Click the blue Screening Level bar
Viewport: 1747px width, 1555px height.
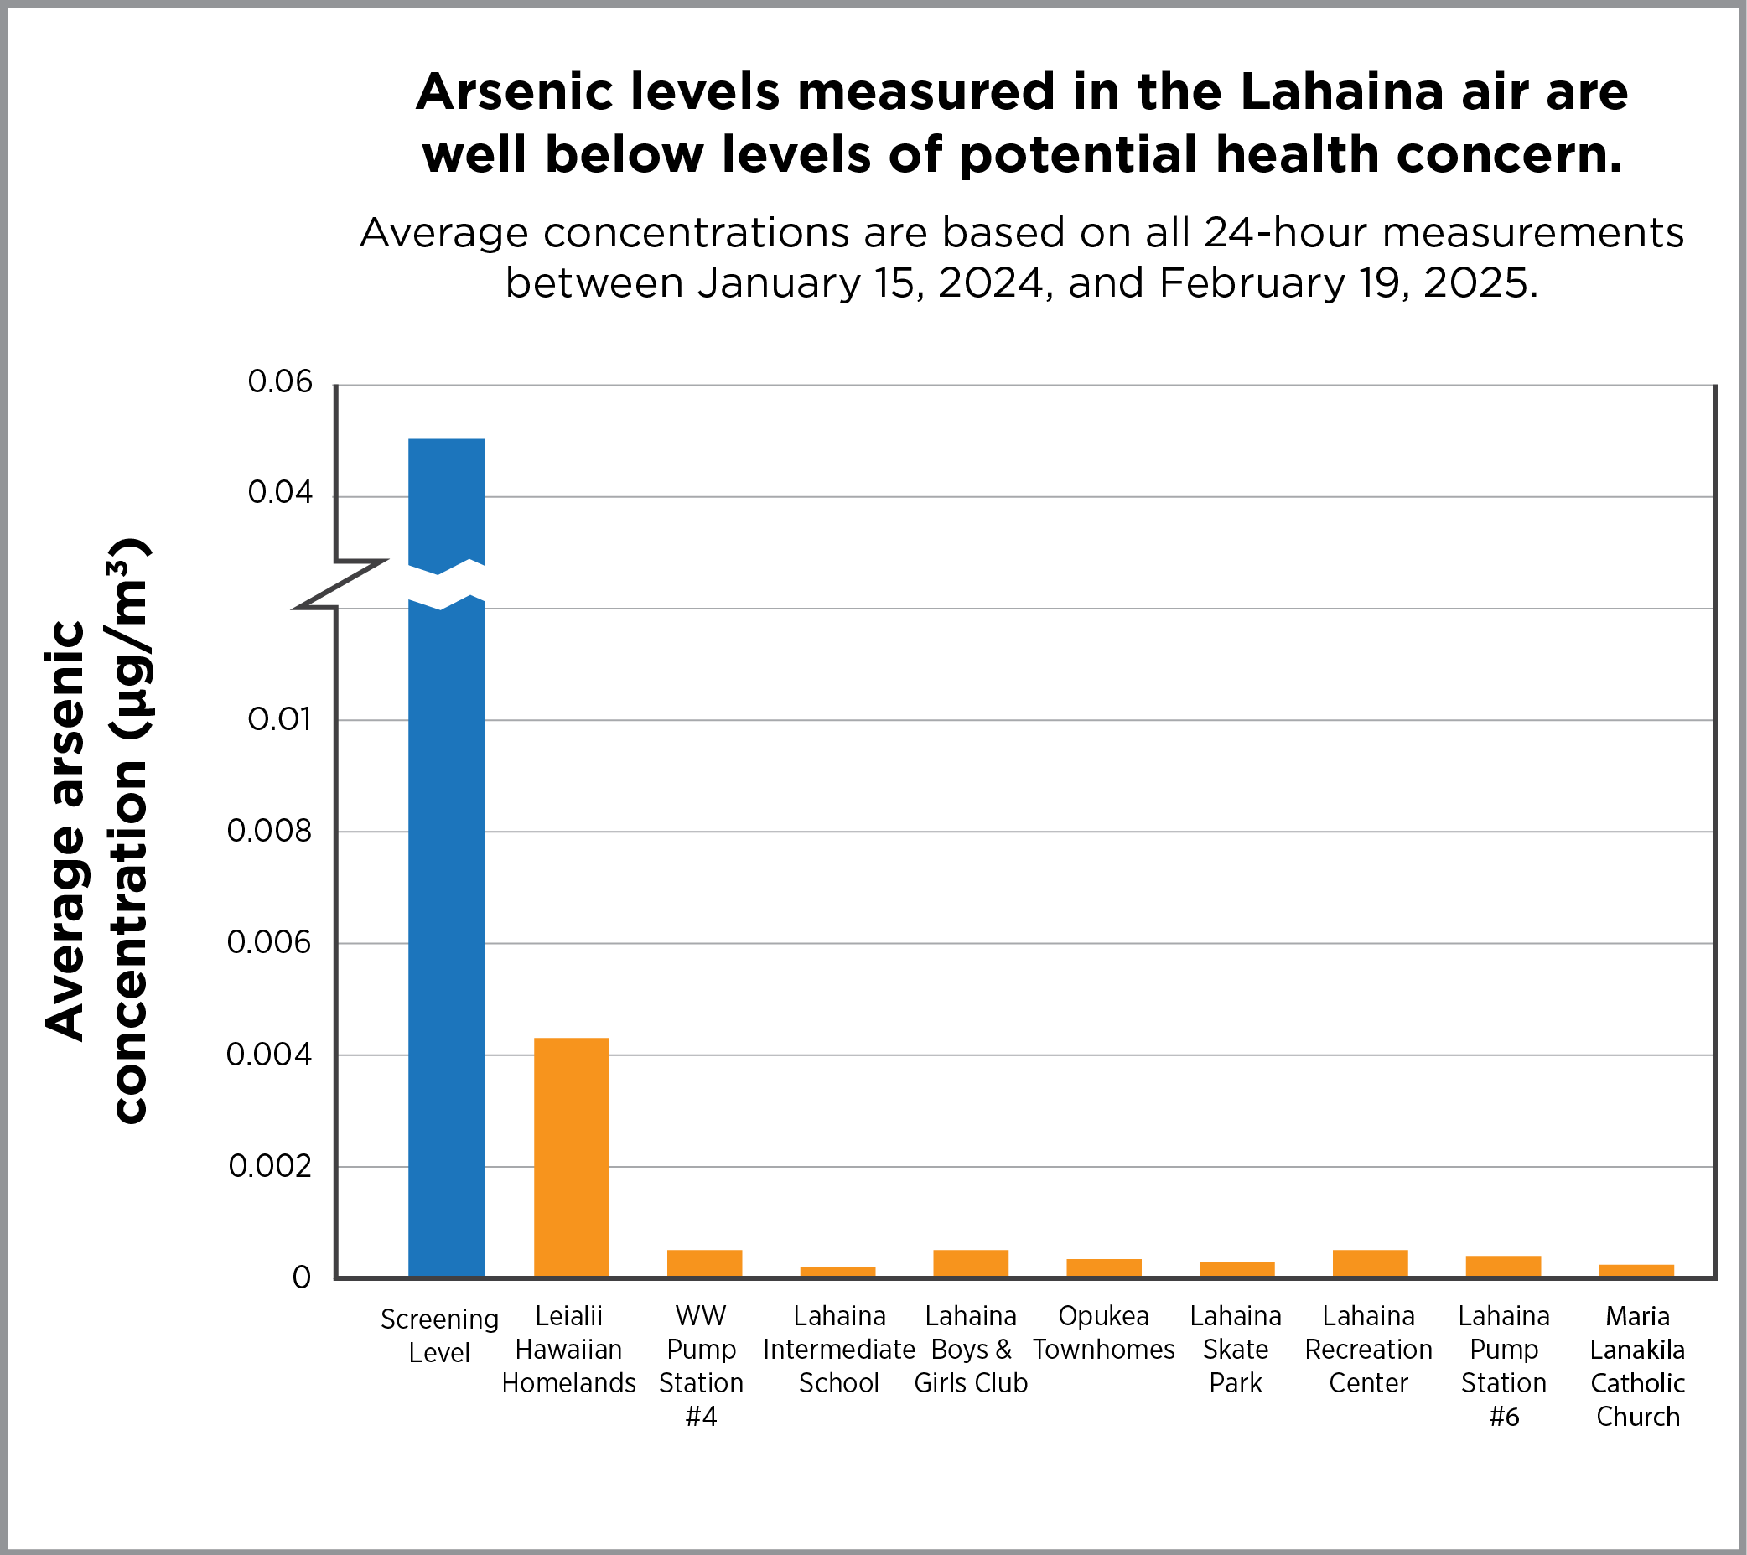point(446,855)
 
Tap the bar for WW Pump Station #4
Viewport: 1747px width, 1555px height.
point(704,1262)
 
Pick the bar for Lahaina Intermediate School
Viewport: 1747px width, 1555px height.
point(837,1271)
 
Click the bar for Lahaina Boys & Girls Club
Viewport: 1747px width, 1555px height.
point(970,1262)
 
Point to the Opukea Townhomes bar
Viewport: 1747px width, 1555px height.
point(1103,1267)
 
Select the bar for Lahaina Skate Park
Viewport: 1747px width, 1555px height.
point(1236,1268)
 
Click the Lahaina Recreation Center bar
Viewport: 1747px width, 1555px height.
point(1370,1262)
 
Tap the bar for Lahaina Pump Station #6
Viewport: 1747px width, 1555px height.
point(1502,1266)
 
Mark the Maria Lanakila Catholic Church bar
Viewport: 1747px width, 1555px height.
point(1636,1270)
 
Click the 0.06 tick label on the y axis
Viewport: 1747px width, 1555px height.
point(280,381)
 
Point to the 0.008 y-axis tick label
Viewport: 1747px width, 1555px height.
point(270,831)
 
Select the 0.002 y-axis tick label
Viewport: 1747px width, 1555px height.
point(270,1166)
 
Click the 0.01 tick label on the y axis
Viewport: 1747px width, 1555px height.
point(280,720)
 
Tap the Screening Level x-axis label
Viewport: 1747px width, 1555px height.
point(439,1335)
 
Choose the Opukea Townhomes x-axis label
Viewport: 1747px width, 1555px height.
point(1103,1333)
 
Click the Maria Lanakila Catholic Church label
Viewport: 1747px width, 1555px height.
point(1637,1366)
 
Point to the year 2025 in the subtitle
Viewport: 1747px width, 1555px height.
point(1474,283)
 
